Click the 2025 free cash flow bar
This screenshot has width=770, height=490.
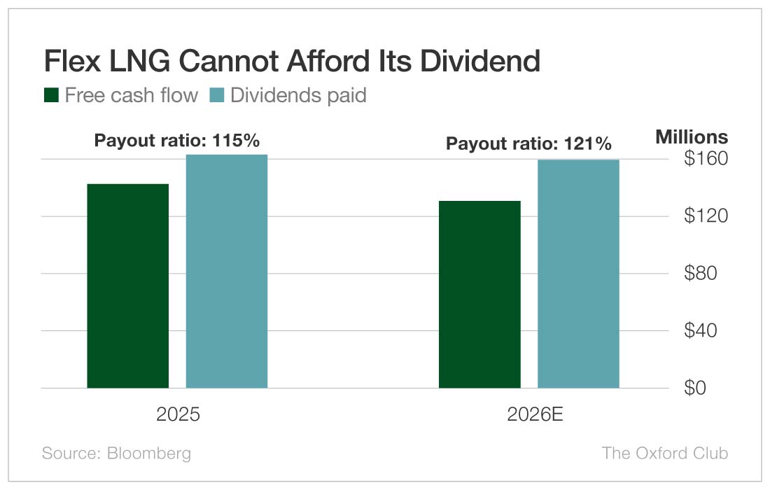point(128,286)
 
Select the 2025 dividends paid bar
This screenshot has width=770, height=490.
point(227,271)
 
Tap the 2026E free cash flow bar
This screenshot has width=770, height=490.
point(479,294)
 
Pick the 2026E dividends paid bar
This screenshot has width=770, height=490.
point(578,274)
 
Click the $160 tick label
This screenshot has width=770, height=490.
point(705,159)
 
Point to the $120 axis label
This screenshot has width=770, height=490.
point(705,216)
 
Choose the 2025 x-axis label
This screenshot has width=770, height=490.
point(178,415)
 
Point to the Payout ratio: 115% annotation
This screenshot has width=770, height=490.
point(177,141)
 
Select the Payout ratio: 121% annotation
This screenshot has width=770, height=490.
point(529,144)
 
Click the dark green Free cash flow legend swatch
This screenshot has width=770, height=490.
point(51,95)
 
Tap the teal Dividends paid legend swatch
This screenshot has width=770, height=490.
point(216,95)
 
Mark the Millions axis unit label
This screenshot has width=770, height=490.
point(692,137)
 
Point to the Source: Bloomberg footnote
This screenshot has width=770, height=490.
point(116,453)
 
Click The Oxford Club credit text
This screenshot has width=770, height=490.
point(664,453)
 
